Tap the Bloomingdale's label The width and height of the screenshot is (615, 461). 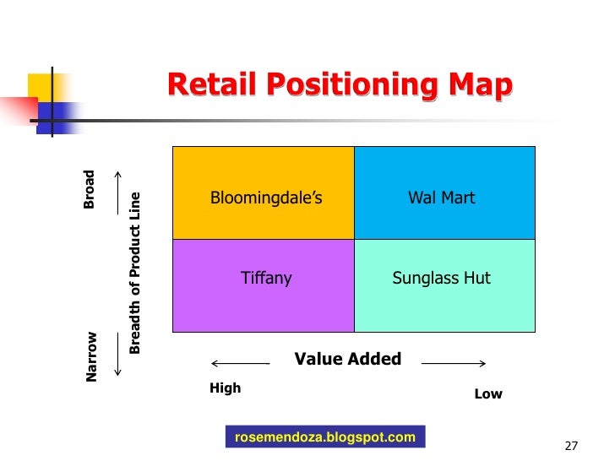(x=266, y=198)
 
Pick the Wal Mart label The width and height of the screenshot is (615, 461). (x=442, y=198)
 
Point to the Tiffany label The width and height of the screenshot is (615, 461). (x=266, y=279)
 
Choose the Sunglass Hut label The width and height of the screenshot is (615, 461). (x=442, y=279)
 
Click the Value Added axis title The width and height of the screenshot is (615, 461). (x=347, y=360)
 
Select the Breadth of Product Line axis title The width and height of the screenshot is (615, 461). (x=134, y=274)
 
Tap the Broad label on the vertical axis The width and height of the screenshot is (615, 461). (x=90, y=190)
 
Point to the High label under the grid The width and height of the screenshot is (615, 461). (x=225, y=388)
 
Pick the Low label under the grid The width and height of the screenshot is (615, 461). (x=488, y=394)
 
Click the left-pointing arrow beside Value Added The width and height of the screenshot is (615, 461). (x=239, y=364)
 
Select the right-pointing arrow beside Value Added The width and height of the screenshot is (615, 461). (x=454, y=364)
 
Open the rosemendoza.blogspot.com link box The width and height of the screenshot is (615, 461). (x=325, y=437)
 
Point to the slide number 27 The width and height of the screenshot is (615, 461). (x=570, y=446)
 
